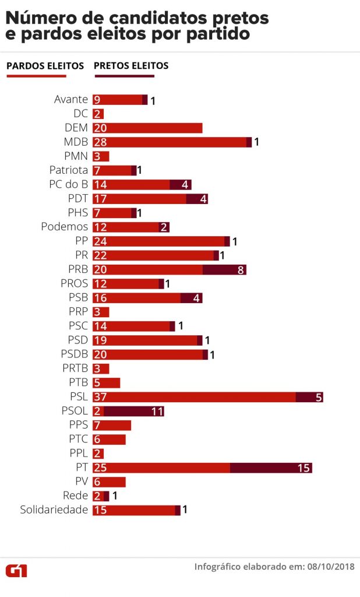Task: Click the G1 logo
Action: click(16, 570)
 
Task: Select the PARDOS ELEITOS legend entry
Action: click(45, 66)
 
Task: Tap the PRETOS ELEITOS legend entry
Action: click(131, 66)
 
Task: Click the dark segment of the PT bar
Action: click(271, 468)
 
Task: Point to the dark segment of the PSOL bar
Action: click(133, 412)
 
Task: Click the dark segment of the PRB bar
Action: click(224, 269)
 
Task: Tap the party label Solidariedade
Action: click(54, 510)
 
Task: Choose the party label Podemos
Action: click(65, 227)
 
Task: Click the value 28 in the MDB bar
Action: click(100, 142)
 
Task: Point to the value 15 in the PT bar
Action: click(303, 468)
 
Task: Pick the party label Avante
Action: click(71, 99)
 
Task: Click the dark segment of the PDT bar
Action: click(197, 199)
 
